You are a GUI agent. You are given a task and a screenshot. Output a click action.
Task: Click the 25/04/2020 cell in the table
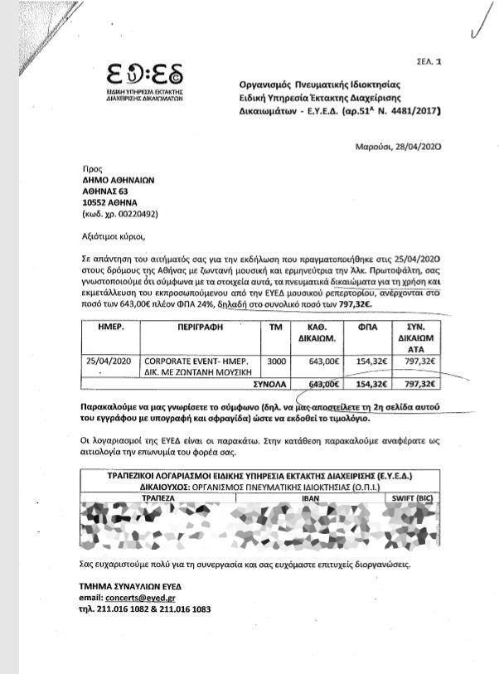tap(109, 361)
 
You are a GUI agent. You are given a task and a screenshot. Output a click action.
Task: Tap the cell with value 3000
tap(276, 361)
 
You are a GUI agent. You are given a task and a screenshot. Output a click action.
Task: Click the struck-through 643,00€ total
tap(324, 385)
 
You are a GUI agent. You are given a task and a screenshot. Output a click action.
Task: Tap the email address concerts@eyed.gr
tap(134, 597)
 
